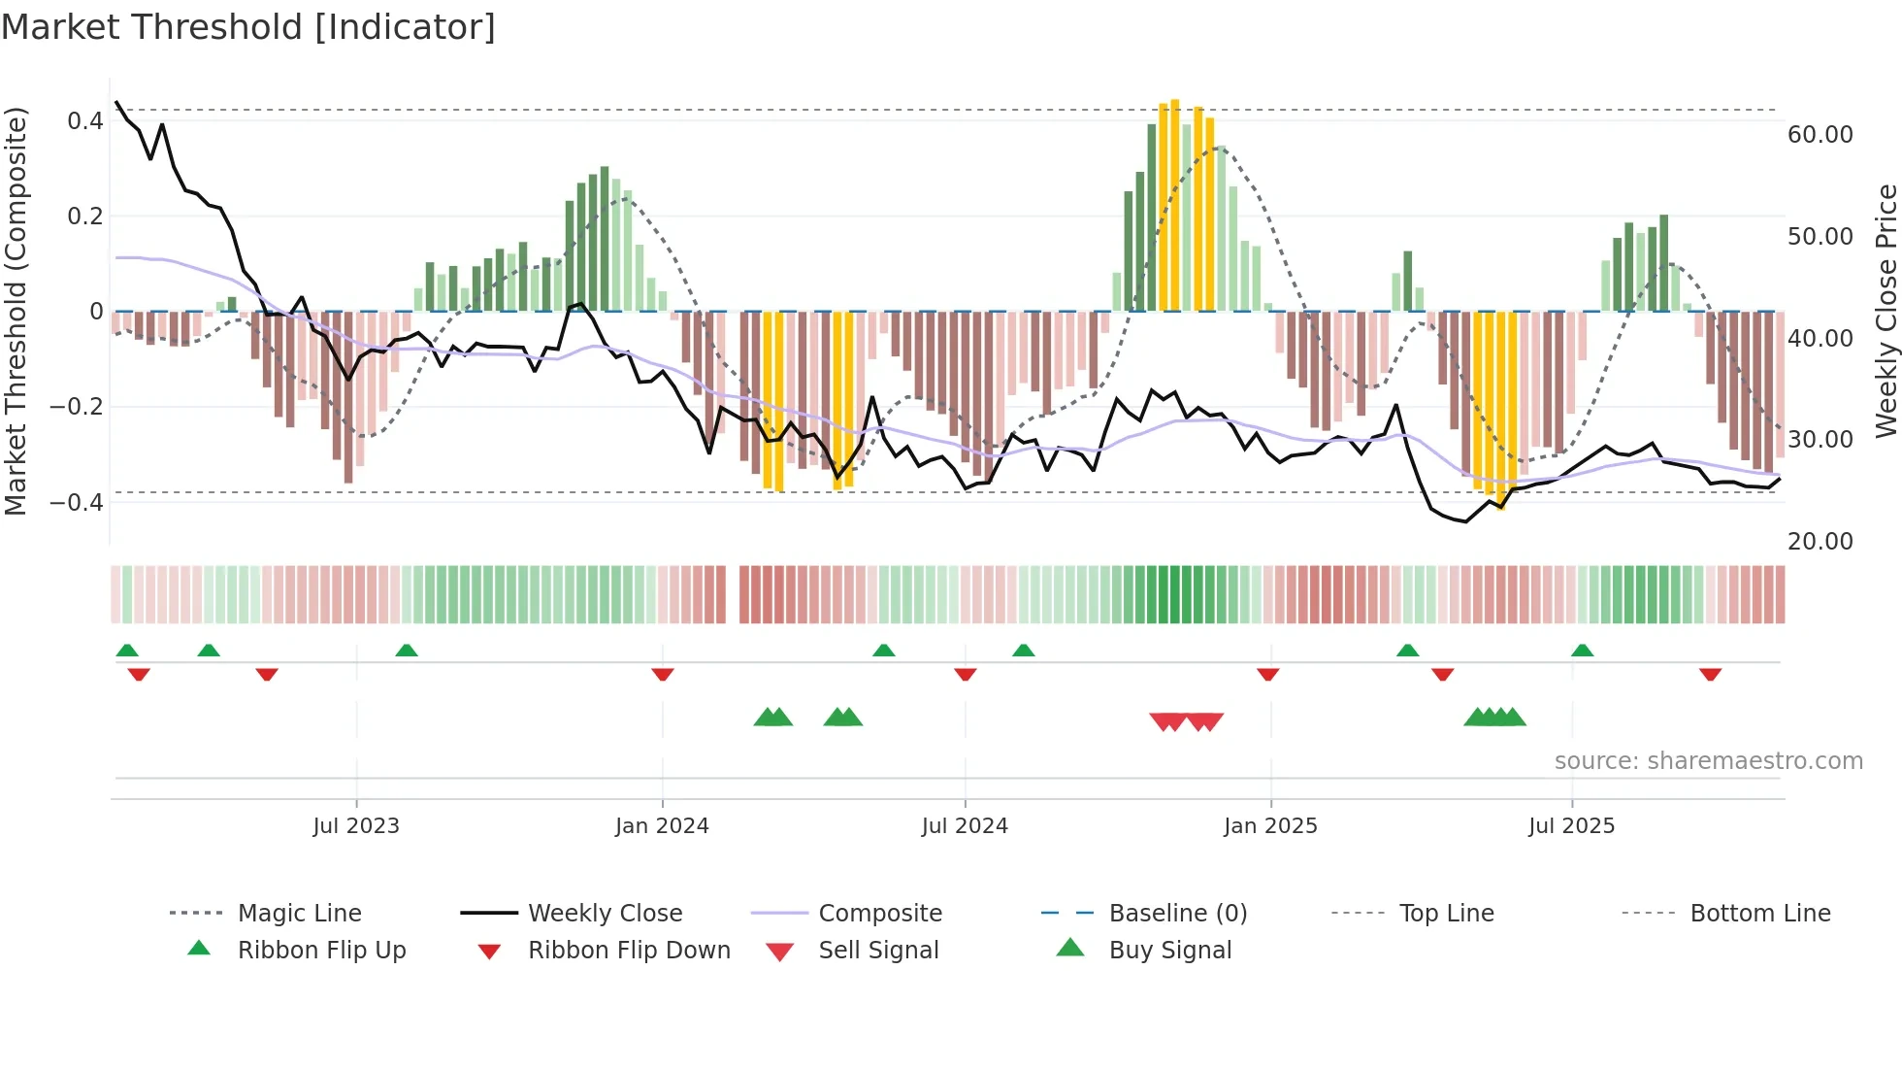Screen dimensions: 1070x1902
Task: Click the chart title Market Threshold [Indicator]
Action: (248, 27)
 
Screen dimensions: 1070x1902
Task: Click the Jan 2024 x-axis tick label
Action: (662, 826)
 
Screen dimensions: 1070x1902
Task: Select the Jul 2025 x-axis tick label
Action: (1571, 826)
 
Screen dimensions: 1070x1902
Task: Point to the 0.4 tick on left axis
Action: (85, 121)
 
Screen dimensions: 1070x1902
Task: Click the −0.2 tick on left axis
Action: (77, 407)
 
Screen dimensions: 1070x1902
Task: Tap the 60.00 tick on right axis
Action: (1820, 135)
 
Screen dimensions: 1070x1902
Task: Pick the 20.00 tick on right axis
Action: (1820, 542)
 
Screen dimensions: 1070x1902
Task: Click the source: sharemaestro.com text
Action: (1708, 761)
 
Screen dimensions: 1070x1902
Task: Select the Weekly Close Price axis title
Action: (1886, 311)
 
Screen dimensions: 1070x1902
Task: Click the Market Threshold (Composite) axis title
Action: (16, 311)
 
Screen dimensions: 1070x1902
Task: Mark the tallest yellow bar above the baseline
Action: (1175, 204)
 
